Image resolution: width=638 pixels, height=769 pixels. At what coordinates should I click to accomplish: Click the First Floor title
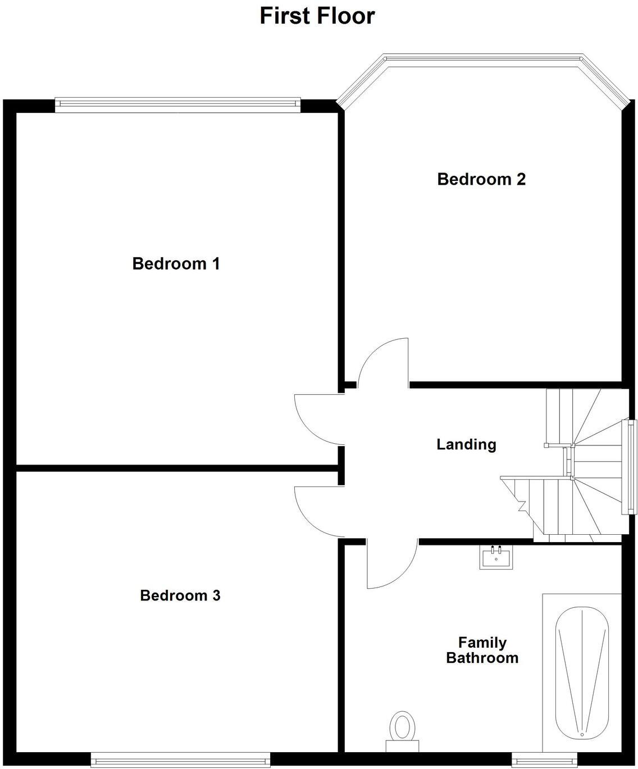pyautogui.click(x=317, y=16)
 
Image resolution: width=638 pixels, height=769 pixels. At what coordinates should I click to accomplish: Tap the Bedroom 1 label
pyautogui.click(x=176, y=263)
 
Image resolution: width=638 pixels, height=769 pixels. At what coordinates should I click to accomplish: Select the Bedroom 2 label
pyautogui.click(x=481, y=179)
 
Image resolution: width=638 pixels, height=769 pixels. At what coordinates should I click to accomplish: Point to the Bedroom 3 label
pyautogui.click(x=180, y=595)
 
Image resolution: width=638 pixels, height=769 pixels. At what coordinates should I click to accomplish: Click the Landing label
pyautogui.click(x=466, y=444)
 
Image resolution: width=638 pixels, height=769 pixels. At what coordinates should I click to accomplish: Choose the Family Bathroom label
pyautogui.click(x=482, y=650)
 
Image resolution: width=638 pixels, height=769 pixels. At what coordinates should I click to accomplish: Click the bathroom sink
pyautogui.click(x=496, y=557)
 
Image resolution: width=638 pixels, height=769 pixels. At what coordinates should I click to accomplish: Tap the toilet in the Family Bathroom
pyautogui.click(x=402, y=729)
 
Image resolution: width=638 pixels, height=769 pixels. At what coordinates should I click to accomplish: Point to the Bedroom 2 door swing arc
pyautogui.click(x=382, y=360)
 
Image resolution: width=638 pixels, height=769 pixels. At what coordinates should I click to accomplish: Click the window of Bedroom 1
pyautogui.click(x=177, y=103)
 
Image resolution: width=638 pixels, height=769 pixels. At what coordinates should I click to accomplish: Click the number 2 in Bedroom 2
pyautogui.click(x=521, y=179)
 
